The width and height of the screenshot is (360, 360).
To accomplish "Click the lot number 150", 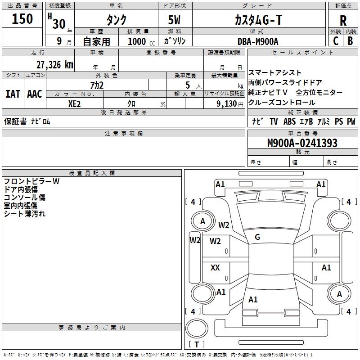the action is tap(22, 19).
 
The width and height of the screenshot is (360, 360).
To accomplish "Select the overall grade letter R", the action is tap(343, 21).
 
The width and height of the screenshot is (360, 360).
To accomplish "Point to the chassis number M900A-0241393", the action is tap(302, 144).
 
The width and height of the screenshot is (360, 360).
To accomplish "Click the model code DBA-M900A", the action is tap(258, 41).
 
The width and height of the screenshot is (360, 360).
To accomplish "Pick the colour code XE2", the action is tap(75, 104).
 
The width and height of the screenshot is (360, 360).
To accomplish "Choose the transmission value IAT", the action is tap(13, 94).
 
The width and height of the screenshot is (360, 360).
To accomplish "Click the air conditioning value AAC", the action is tap(35, 94).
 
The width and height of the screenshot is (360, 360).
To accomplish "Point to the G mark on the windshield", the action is tap(257, 237).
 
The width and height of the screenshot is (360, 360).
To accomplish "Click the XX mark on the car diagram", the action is tap(215, 268).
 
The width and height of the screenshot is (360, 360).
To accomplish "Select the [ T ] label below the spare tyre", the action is tap(196, 344).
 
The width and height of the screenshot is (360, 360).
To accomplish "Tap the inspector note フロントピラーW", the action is tap(31, 181).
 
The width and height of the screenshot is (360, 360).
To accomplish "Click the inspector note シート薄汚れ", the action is tap(25, 214).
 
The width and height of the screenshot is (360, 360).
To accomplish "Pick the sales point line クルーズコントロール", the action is tap(282, 103).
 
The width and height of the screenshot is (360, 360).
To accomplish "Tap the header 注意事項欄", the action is tap(123, 134).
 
